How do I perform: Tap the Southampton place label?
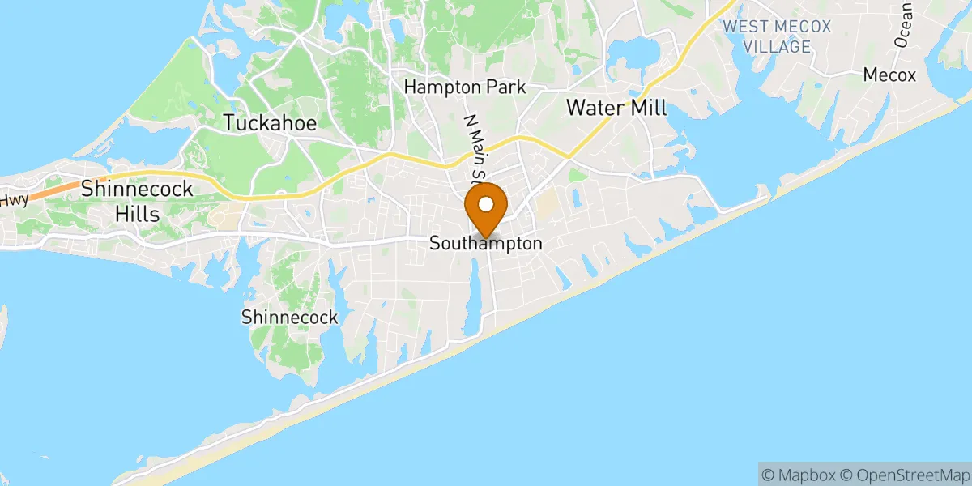485,243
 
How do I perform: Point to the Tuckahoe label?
270,123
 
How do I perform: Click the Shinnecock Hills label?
137,201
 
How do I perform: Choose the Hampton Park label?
465,87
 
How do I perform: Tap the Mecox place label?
889,75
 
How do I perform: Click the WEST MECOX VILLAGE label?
777,36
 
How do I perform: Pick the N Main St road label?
471,146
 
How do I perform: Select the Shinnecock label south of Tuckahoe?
289,318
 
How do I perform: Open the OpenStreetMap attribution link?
903,474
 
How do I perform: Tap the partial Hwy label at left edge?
14,198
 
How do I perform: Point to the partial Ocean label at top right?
904,24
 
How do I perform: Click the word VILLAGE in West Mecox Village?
777,46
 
